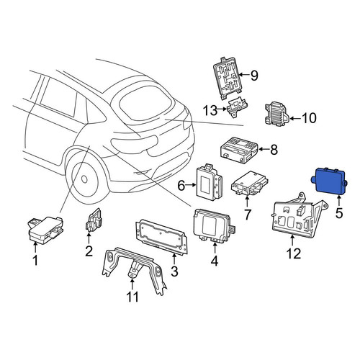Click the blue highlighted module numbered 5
coord(329,181)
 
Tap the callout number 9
coord(254,76)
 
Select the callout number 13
coord(210,111)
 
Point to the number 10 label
coord(309,118)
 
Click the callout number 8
coord(274,150)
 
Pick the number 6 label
coord(181,185)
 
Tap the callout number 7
coord(248,215)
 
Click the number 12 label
coord(294,253)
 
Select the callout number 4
coord(215,261)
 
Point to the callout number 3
coord(174,271)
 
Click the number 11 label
coord(132,297)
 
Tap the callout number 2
coord(89,251)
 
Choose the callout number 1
coord(35,261)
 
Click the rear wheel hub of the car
coord(84,179)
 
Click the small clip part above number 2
coord(93,220)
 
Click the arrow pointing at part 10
coord(295,118)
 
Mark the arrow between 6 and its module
coord(192,184)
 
